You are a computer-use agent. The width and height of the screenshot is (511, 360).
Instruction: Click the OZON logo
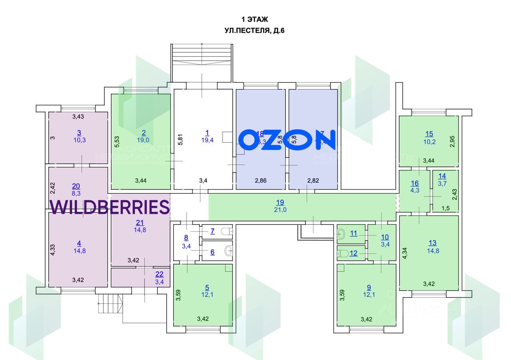[287, 140]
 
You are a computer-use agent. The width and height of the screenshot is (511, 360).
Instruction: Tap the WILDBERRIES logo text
[110, 207]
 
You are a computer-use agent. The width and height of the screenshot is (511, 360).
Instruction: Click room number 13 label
[432, 243]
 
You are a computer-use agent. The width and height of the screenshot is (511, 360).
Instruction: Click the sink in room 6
[229, 251]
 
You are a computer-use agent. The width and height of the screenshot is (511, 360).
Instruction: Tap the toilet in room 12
[342, 253]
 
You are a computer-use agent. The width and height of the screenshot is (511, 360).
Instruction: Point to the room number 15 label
[429, 134]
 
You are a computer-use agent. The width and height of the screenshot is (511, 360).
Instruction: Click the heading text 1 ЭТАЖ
[254, 19]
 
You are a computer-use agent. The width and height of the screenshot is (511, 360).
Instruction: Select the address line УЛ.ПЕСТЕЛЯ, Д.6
[254, 30]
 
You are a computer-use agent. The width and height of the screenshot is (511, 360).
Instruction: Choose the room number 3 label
[79, 133]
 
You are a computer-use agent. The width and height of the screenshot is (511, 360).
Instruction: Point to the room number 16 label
[415, 183]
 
